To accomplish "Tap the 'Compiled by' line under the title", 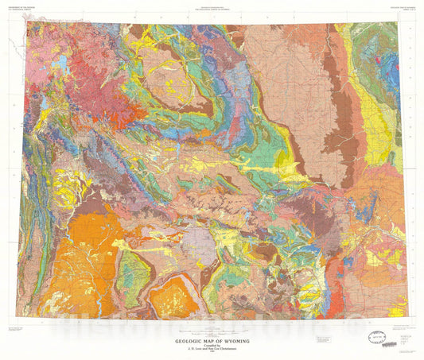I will pyautogui.click(x=212, y=326).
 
